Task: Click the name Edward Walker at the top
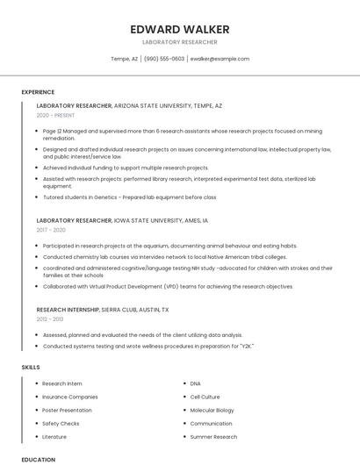pyautogui.click(x=180, y=29)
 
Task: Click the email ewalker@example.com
pyautogui.click(x=220, y=59)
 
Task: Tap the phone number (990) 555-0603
pyautogui.click(x=164, y=59)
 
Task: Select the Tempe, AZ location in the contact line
pyautogui.click(x=124, y=59)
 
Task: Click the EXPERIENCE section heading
pyautogui.click(x=38, y=91)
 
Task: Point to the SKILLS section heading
pyautogui.click(x=31, y=367)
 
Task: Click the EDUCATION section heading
pyautogui.click(x=39, y=459)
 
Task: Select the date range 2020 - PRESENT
pyautogui.click(x=55, y=115)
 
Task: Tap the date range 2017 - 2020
pyautogui.click(x=51, y=230)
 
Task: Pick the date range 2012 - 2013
pyautogui.click(x=50, y=319)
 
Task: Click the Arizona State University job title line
pyautogui.click(x=129, y=105)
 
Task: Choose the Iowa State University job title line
pyautogui.click(x=122, y=220)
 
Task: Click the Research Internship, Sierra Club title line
pyautogui.click(x=103, y=310)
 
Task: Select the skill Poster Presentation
pyautogui.click(x=67, y=410)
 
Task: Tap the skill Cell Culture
pyautogui.click(x=205, y=397)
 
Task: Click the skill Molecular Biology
pyautogui.click(x=212, y=410)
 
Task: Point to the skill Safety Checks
pyautogui.click(x=61, y=423)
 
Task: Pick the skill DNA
pyautogui.click(x=195, y=383)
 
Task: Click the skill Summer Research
pyautogui.click(x=213, y=436)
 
